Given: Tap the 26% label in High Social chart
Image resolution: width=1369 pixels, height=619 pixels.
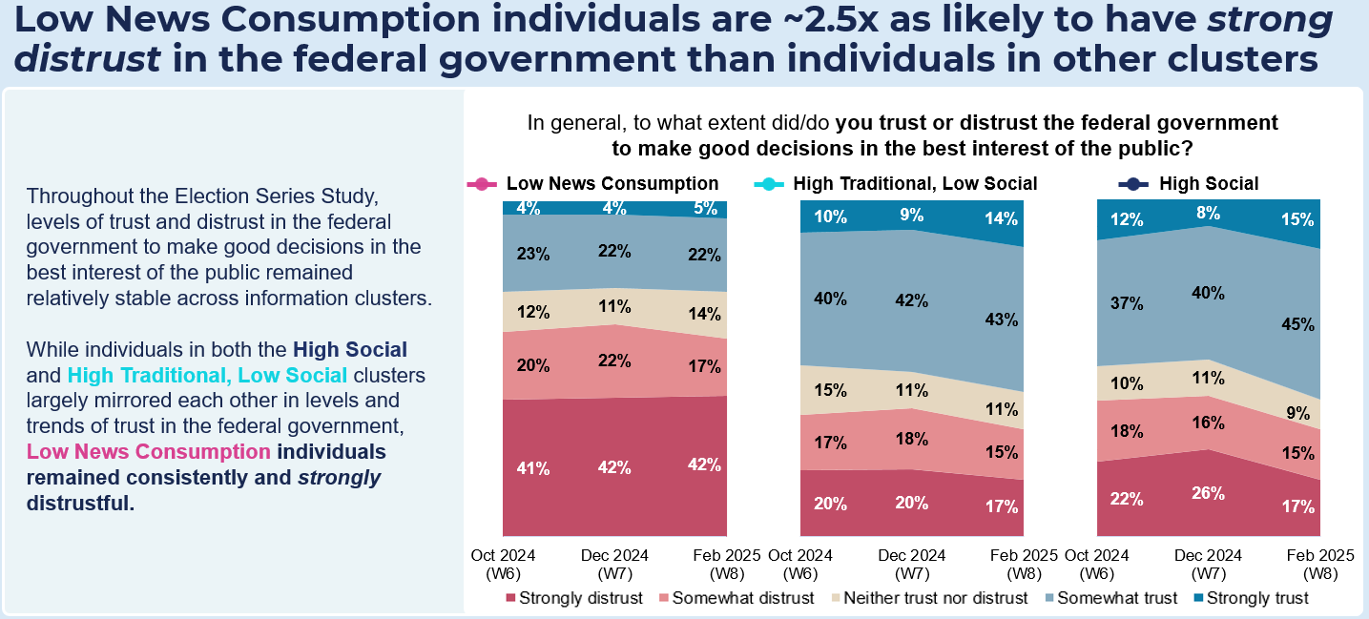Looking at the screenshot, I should pos(1207,493).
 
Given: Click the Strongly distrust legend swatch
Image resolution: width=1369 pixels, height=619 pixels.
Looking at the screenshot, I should pos(511,598).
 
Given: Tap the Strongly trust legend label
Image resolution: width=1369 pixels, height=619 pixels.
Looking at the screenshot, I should pos(1257,598).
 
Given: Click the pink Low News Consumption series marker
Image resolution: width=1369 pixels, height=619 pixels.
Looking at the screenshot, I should pos(482,184).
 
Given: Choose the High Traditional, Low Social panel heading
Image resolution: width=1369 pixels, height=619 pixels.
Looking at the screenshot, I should pos(915,184).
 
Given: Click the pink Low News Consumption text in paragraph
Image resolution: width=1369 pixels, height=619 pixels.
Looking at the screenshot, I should pos(148,451).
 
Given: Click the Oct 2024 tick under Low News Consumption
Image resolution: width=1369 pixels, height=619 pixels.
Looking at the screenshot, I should pos(504,555).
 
